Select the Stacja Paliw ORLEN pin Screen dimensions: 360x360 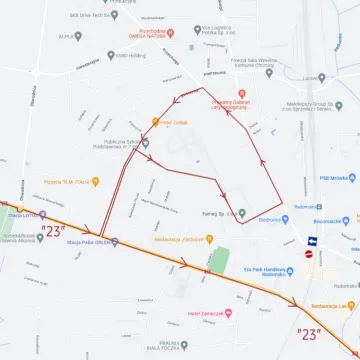coord(115,241)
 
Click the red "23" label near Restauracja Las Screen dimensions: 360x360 coord(309,334)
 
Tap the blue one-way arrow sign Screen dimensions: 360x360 coord(313,241)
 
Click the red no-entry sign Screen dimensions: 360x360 coord(309,255)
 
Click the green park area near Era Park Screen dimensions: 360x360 coord(219,260)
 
